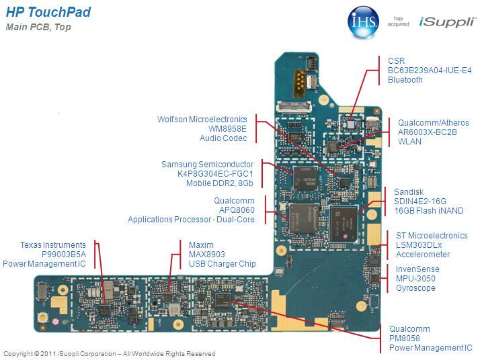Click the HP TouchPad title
(x=48, y=13)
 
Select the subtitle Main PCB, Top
(x=38, y=28)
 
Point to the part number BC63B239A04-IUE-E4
(x=430, y=70)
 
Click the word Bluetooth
(x=405, y=80)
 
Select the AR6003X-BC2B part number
(x=428, y=133)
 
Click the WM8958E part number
(x=227, y=128)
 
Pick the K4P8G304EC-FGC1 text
(x=211, y=174)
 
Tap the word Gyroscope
(x=415, y=288)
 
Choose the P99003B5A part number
(x=63, y=255)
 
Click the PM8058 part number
(x=405, y=339)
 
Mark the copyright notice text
(x=110, y=353)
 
